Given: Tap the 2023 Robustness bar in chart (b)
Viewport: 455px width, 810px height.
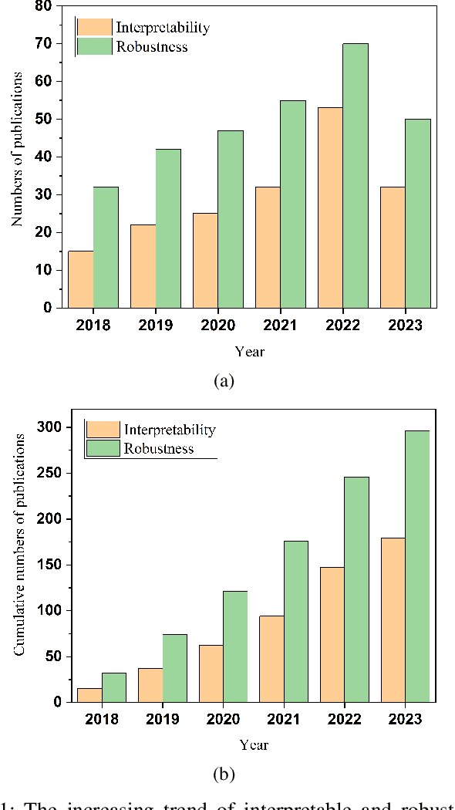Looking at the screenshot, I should click(416, 566).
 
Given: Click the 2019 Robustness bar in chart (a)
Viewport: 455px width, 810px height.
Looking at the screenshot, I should click(168, 228).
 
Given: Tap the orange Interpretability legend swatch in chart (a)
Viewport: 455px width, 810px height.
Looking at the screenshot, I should click(93, 27).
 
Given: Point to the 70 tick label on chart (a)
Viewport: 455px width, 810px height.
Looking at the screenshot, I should click(43, 43).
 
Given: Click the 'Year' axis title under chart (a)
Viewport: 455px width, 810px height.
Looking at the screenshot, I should click(250, 351).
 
